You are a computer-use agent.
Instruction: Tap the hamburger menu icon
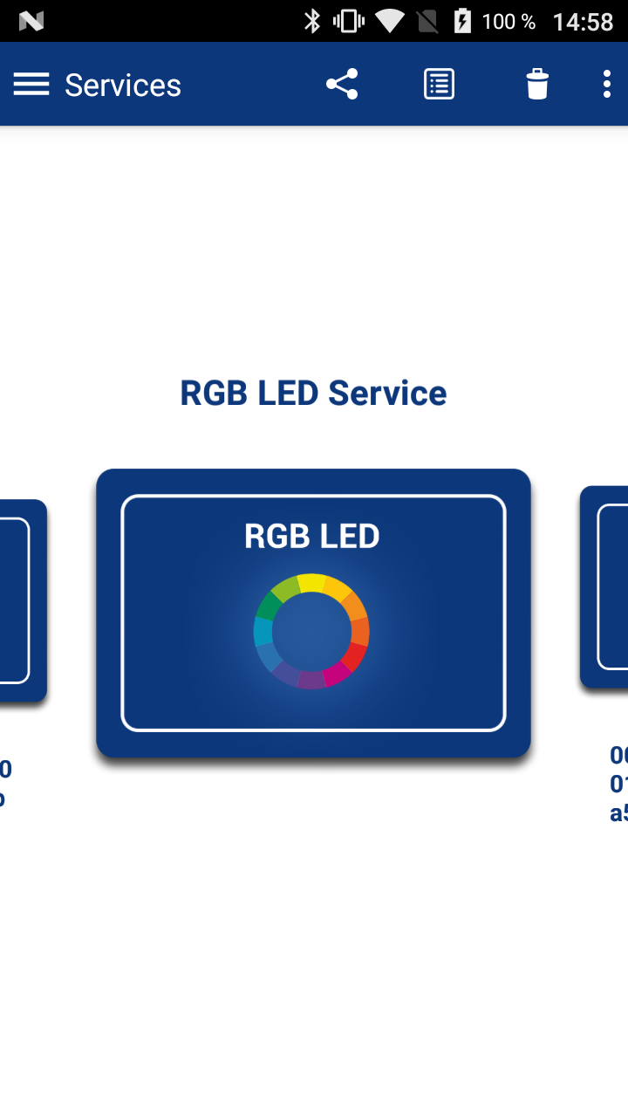pyautogui.click(x=31, y=85)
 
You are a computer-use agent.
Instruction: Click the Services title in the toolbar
pyautogui.click(x=123, y=86)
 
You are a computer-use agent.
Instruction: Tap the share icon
pyautogui.click(x=342, y=85)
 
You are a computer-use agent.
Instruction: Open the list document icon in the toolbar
pyautogui.click(x=439, y=85)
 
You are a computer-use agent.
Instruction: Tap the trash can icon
pyautogui.click(x=537, y=85)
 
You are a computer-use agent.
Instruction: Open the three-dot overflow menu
pyautogui.click(x=607, y=85)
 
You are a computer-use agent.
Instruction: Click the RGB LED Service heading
pyautogui.click(x=313, y=394)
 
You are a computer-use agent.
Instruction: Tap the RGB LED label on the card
pyautogui.click(x=312, y=536)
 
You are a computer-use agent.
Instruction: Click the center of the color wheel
pyautogui.click(x=311, y=631)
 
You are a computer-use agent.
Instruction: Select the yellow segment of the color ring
pyautogui.click(x=311, y=583)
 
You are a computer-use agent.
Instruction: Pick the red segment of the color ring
pyautogui.click(x=354, y=656)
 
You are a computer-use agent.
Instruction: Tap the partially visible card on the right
pyautogui.click(x=606, y=586)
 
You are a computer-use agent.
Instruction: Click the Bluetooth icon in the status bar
pyautogui.click(x=312, y=21)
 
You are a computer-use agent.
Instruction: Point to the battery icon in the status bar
pyautogui.click(x=462, y=21)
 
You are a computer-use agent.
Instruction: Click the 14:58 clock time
pyautogui.click(x=583, y=22)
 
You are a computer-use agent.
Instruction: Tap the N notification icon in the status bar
pyautogui.click(x=31, y=21)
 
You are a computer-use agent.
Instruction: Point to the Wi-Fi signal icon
pyautogui.click(x=390, y=21)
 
